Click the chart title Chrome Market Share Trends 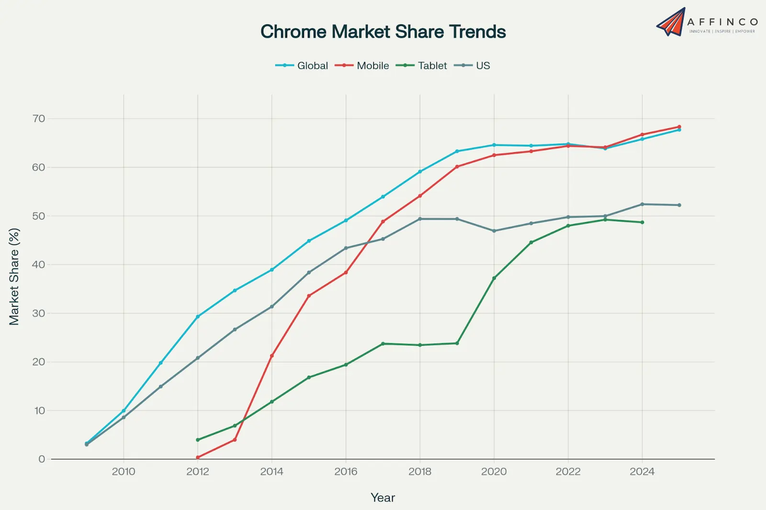pos(383,32)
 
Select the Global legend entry pos(302,66)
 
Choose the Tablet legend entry pos(421,66)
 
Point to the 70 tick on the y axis pos(39,119)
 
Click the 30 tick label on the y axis pos(39,313)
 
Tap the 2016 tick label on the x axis pos(346,472)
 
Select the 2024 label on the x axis pos(642,472)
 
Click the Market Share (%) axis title pos(14,277)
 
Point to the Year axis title pos(383,498)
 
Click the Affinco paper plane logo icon pos(671,22)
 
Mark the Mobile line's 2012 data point pos(198,457)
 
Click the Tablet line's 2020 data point pos(494,278)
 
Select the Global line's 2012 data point pos(198,317)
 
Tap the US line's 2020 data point pos(494,231)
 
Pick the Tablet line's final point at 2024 pos(642,222)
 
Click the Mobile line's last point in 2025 pos(679,127)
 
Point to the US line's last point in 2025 pos(679,205)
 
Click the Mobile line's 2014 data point pos(272,355)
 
